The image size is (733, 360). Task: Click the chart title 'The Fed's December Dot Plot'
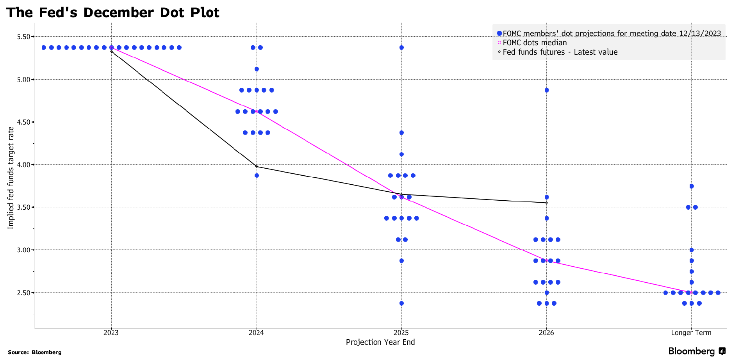pyautogui.click(x=113, y=12)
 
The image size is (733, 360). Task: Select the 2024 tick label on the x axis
pyautogui.click(x=256, y=333)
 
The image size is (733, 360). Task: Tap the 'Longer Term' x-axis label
pyautogui.click(x=691, y=333)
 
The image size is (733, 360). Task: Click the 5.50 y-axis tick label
pyautogui.click(x=24, y=37)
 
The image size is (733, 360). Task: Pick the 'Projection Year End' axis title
pyautogui.click(x=380, y=342)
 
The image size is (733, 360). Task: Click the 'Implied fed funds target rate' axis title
pyautogui.click(x=11, y=178)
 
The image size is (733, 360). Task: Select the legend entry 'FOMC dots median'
pyautogui.click(x=534, y=43)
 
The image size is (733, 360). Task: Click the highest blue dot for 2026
pyautogui.click(x=546, y=90)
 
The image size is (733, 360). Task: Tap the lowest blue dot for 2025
pyautogui.click(x=401, y=303)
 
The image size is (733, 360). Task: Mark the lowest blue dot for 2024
pyautogui.click(x=257, y=175)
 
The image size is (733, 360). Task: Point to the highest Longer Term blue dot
pyautogui.click(x=691, y=186)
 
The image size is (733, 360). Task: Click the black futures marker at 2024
pyautogui.click(x=257, y=167)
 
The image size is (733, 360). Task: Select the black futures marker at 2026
pyautogui.click(x=546, y=203)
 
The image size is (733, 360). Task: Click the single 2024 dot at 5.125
pyautogui.click(x=257, y=69)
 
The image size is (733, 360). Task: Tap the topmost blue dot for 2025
pyautogui.click(x=401, y=48)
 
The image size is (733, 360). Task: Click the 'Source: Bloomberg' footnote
pyautogui.click(x=35, y=352)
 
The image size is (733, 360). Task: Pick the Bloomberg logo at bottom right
pyautogui.click(x=696, y=351)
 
